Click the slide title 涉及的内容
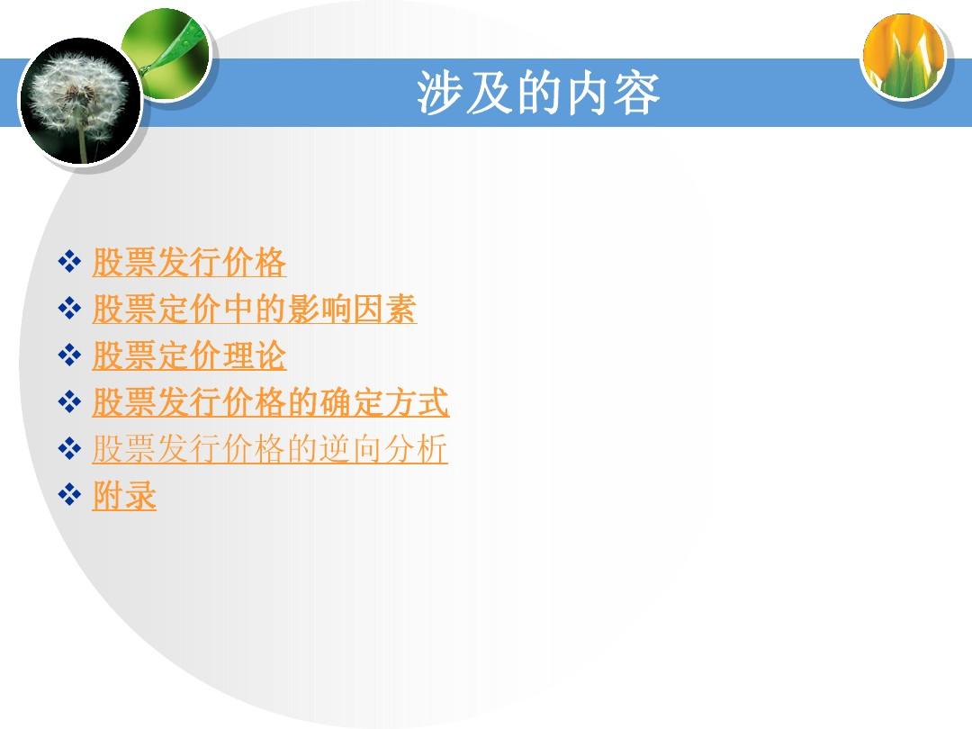(537, 93)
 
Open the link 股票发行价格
(189, 262)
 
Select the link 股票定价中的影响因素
(254, 309)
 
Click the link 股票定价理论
(189, 355)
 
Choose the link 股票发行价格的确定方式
(270, 402)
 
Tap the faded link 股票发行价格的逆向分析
(270, 449)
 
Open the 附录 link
(124, 495)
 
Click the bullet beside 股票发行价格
(69, 262)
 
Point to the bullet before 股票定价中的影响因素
(69, 308)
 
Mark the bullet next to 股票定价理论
(69, 355)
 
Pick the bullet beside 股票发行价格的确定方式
(69, 401)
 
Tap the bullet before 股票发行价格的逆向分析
(69, 448)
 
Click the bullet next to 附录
(69, 495)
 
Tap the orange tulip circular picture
(904, 57)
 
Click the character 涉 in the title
(440, 93)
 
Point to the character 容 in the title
(636, 93)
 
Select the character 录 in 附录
(140, 495)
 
